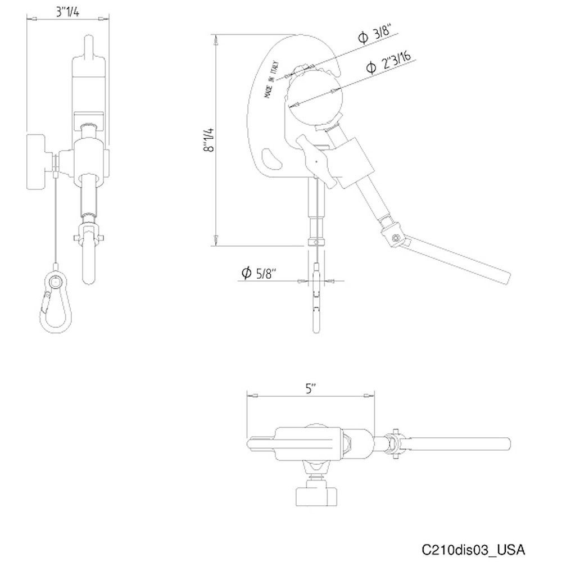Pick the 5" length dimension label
pos(311,388)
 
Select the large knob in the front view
pos(39,163)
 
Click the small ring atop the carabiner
pos(55,281)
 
